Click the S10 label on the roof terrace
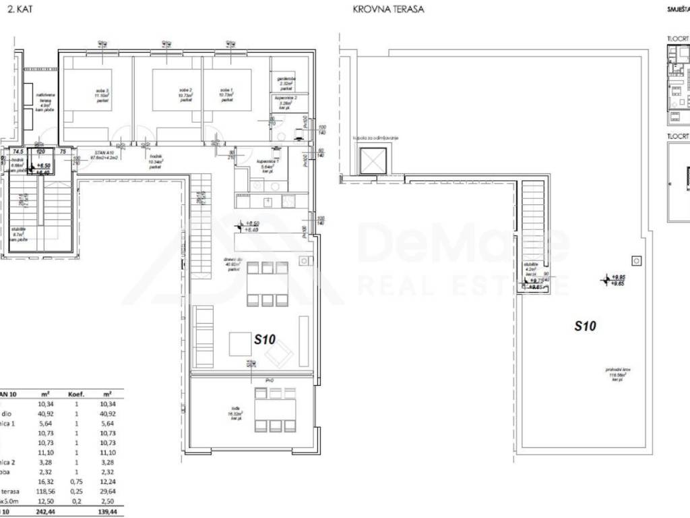(x=586, y=326)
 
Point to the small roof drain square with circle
(x=635, y=260)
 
